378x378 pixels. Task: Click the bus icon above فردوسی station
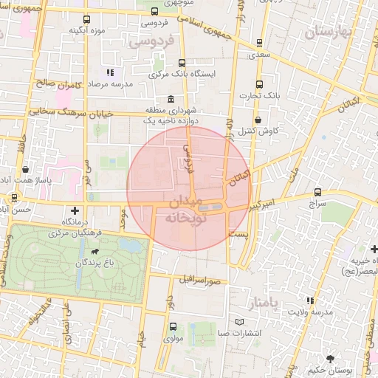[154, 12]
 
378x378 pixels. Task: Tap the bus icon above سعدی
[258, 43]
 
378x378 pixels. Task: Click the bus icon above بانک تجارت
[258, 83]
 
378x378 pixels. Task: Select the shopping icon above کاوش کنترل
[258, 120]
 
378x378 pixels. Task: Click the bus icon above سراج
[317, 191]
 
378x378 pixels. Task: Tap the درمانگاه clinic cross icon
[73, 210]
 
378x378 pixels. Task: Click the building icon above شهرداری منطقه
[171, 99]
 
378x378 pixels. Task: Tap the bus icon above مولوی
[173, 326]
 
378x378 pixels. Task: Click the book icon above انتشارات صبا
[238, 322]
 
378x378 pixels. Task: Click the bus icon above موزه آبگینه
[88, 19]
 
